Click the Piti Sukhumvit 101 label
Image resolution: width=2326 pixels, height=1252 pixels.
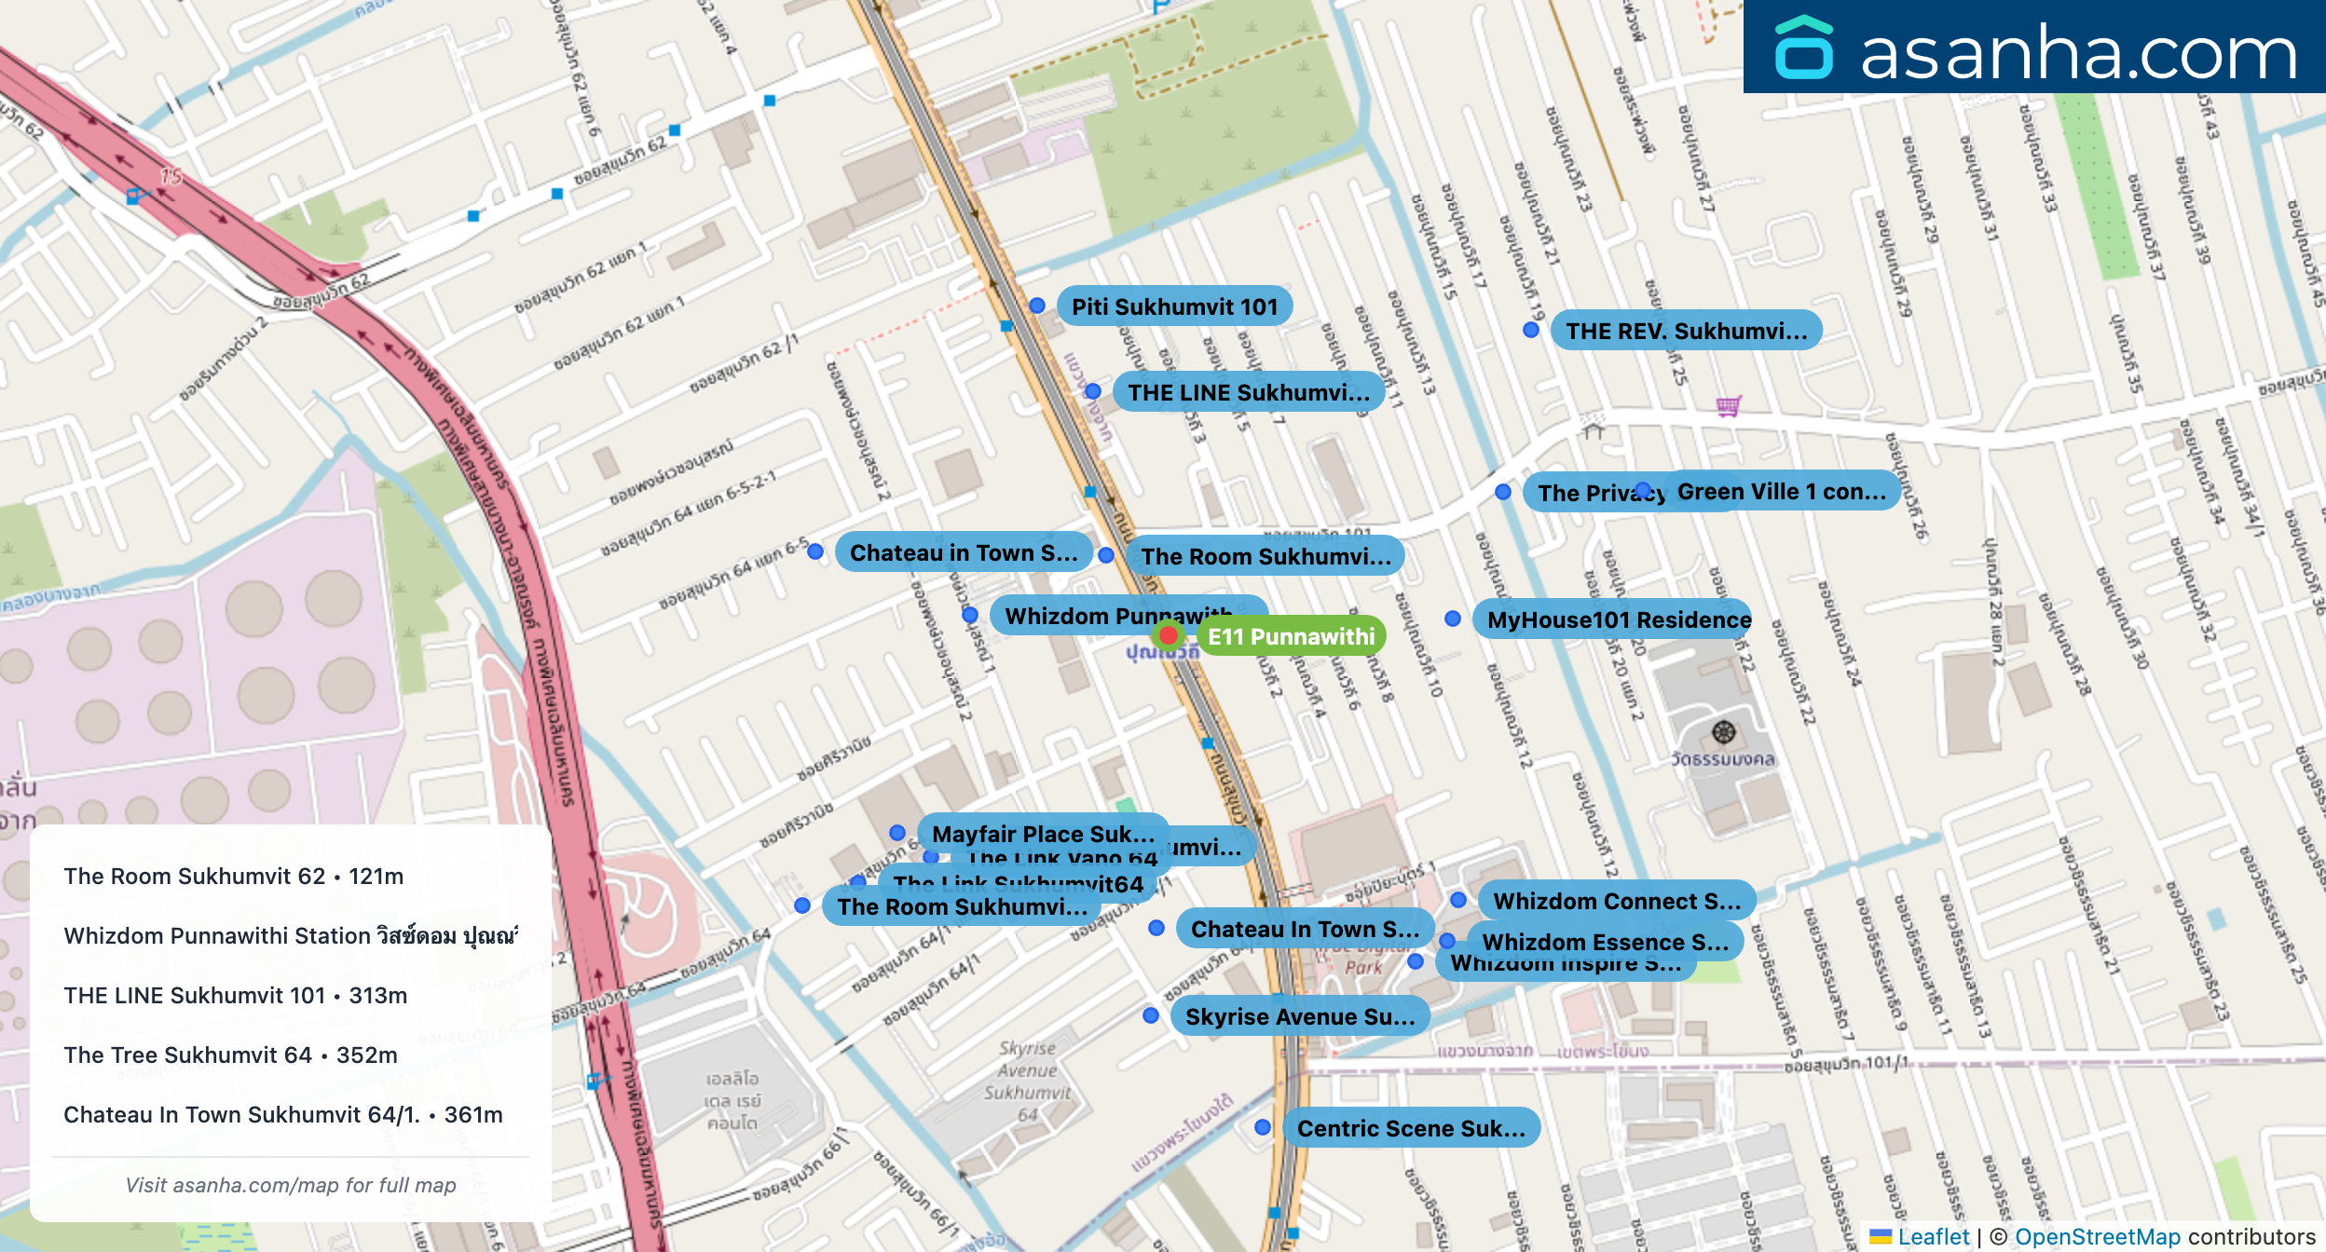coord(1174,306)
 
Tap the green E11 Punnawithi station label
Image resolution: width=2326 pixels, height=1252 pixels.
coord(1292,636)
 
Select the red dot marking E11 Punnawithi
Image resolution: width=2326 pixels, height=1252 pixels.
coord(1168,635)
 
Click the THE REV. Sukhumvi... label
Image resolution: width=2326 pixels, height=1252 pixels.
coord(1686,331)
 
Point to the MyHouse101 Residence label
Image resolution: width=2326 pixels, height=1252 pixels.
coord(1618,619)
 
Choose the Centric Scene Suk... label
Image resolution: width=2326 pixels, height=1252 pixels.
coord(1411,1128)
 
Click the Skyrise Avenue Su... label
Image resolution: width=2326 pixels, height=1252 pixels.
coord(1300,1016)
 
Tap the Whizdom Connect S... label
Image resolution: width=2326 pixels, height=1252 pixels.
coord(1616,901)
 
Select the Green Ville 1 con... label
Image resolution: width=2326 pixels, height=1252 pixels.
coord(1782,491)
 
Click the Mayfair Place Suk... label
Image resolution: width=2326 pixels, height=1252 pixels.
coord(1043,833)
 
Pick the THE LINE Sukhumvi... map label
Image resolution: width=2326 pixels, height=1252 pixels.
coord(1249,392)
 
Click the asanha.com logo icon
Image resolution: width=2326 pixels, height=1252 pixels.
coord(1803,48)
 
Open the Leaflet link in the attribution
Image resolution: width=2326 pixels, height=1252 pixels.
coord(1933,1236)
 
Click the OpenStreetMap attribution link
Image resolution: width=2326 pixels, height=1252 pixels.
coord(2097,1236)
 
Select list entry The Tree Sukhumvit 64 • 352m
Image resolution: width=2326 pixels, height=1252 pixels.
coord(230,1055)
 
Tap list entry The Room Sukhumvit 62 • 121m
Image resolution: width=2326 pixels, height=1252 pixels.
coord(233,876)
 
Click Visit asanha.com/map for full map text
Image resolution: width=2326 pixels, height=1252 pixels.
coord(291,1185)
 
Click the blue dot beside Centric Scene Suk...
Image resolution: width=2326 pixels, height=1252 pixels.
coord(1263,1127)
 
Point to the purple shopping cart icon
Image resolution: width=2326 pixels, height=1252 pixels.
coord(1729,405)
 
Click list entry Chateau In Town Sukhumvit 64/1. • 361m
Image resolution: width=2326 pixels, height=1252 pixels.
coord(282,1114)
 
